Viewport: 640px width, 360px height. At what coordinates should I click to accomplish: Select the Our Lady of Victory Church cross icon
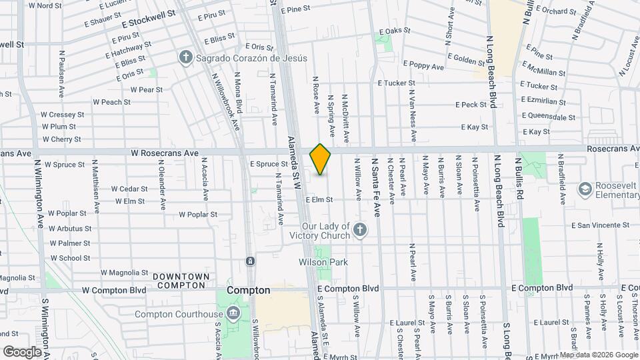360,231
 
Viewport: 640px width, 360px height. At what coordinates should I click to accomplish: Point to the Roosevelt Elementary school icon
585,189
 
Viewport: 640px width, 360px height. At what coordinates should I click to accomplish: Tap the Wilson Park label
323,262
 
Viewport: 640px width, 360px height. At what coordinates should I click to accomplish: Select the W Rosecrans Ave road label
165,153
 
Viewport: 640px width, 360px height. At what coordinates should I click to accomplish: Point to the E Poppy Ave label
421,67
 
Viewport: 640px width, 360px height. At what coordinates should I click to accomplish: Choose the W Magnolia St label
124,272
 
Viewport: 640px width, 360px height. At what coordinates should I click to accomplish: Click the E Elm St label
319,199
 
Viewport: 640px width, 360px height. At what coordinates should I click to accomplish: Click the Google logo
22,351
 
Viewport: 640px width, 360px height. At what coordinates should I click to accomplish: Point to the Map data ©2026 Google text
598,355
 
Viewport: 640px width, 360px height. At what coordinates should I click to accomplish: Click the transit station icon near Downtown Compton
250,261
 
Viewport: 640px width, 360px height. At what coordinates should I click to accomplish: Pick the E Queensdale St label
549,117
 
